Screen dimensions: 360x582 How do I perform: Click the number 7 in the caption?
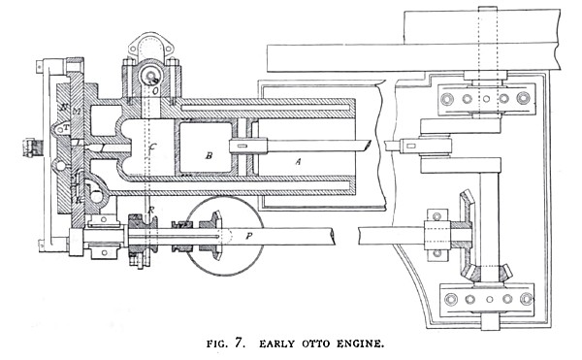click(x=235, y=343)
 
